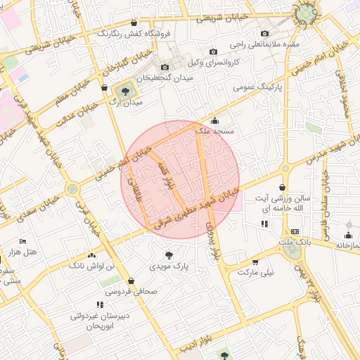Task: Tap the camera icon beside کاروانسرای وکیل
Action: tap(214, 51)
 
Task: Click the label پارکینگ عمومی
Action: tap(264, 88)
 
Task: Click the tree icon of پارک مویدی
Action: tap(168, 255)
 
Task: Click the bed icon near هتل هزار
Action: tap(22, 241)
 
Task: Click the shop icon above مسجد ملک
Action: tap(214, 120)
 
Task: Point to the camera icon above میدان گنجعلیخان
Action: tap(165, 67)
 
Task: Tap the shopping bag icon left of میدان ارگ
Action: tap(104, 89)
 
